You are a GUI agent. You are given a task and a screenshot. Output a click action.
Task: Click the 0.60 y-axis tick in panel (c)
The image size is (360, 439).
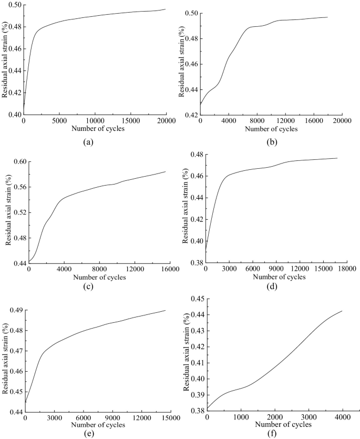click(x=18, y=161)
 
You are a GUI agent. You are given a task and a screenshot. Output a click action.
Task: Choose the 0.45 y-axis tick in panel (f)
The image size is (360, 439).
click(x=198, y=299)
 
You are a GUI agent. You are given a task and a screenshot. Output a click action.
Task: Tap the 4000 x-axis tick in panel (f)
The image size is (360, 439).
click(x=342, y=417)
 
